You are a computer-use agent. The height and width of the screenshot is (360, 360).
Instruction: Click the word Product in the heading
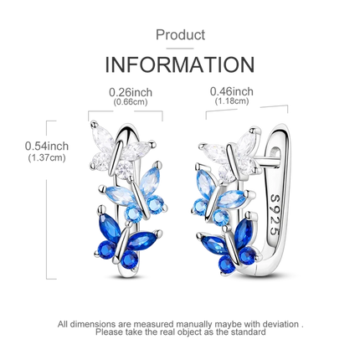coord(180,35)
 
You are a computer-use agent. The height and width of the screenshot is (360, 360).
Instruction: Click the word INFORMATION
coord(180,64)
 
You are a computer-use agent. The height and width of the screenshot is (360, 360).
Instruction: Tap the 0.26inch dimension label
coord(131,92)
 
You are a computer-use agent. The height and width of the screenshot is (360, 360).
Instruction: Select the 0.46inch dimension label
coord(232,91)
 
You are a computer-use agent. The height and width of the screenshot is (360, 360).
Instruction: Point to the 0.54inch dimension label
coord(47,146)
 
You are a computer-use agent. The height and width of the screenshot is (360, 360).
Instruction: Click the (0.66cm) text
coord(131,102)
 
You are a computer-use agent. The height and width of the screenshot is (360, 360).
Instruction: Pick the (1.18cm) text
coord(232,100)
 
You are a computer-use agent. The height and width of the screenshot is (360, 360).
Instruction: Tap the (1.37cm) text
coord(47,158)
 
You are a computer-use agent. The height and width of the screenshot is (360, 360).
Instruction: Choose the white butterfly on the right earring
coord(233,155)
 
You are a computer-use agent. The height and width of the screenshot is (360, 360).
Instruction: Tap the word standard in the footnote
coord(249,332)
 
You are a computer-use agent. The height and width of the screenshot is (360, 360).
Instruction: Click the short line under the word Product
coord(180,49)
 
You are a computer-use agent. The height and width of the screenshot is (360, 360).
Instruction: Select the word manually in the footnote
coord(193,325)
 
